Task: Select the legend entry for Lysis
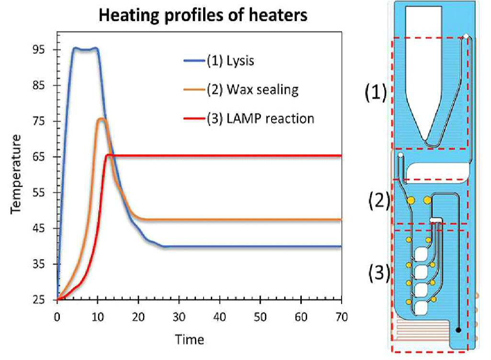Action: coord(219,60)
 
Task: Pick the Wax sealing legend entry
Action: coord(241,90)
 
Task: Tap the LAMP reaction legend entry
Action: coord(249,119)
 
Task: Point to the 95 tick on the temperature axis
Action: coord(39,50)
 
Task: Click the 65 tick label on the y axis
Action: coord(39,157)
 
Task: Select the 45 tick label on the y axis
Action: coord(39,228)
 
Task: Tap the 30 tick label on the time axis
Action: coord(179,317)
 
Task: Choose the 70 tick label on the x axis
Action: coord(342,317)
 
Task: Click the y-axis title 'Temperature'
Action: coord(16,174)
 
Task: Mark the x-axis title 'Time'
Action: coord(189,340)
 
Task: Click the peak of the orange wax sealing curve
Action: coord(102,118)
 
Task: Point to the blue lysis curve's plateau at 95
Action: coord(84,49)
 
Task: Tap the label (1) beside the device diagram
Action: coord(376,93)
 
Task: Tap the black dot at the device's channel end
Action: coord(458,330)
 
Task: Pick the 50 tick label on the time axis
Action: coord(260,317)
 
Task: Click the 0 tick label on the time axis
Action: coord(57,317)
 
